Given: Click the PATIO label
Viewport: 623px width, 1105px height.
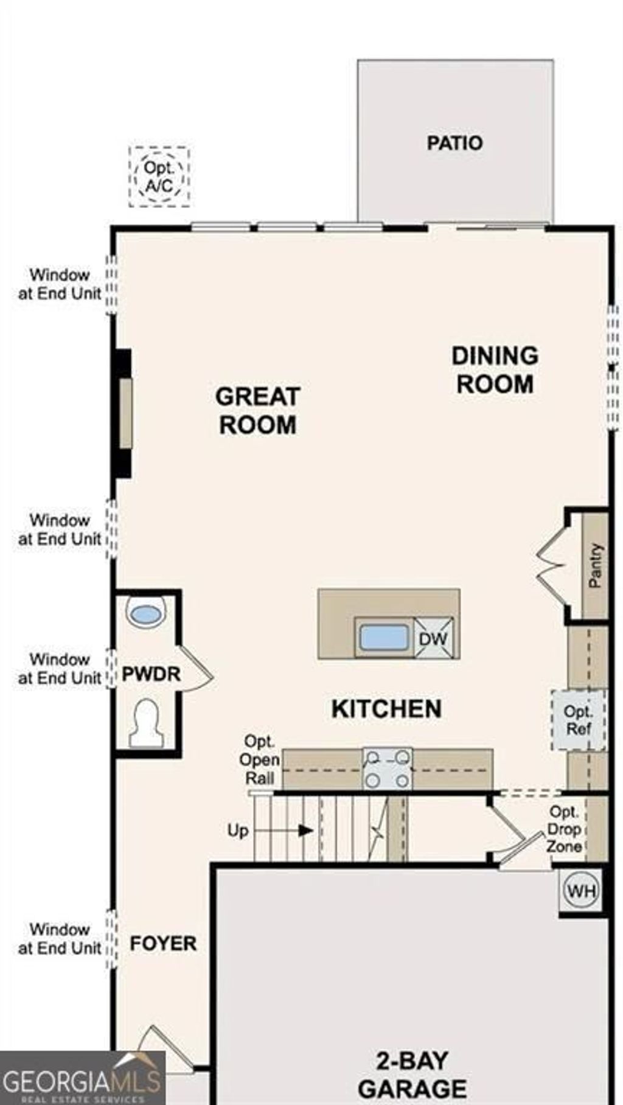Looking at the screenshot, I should [x=454, y=143].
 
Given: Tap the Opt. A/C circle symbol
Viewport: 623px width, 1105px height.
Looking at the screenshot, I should [x=159, y=176].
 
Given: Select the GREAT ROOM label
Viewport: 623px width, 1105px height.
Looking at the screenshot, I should [x=258, y=411].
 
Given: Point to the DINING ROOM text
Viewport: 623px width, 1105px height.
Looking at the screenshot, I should [x=495, y=370].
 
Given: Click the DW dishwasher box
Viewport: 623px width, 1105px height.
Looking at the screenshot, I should [x=434, y=638].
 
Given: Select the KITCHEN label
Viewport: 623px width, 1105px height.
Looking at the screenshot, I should [x=386, y=709].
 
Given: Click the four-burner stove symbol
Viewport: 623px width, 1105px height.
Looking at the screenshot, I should [x=388, y=769].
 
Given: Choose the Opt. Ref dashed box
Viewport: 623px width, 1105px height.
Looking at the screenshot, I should [x=579, y=720].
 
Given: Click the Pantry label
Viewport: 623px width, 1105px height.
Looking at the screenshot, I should [x=595, y=566].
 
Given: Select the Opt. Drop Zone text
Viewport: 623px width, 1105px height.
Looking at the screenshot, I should [x=564, y=829].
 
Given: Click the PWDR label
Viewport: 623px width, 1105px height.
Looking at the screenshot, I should [x=151, y=674].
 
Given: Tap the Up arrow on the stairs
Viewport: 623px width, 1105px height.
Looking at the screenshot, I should [x=304, y=830].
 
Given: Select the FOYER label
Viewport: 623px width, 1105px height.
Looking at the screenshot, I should [x=163, y=944].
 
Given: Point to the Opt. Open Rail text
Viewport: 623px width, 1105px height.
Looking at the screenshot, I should [x=260, y=759].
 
